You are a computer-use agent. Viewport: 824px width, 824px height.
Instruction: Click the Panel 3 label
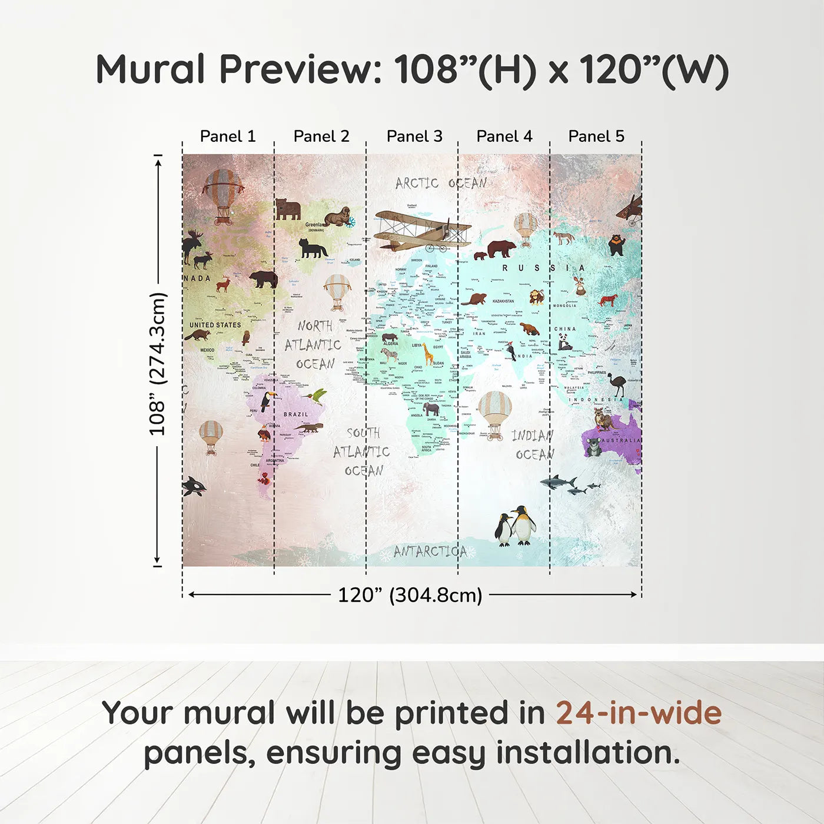click(x=414, y=137)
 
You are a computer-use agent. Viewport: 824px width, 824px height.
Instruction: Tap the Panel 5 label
click(x=596, y=137)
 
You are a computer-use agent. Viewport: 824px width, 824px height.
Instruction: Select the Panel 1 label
click(x=228, y=137)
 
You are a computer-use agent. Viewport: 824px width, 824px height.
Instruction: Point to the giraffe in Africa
click(x=428, y=353)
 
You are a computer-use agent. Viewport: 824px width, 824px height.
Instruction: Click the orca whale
click(x=194, y=486)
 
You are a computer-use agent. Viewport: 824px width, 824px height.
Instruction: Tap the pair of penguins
click(x=516, y=526)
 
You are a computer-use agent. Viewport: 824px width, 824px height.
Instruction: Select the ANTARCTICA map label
click(x=430, y=551)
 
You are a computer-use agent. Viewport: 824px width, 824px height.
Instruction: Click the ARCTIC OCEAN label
click(x=441, y=184)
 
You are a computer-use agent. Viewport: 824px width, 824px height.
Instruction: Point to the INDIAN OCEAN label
click(x=533, y=445)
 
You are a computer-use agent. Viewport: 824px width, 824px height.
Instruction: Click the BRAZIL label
click(x=296, y=414)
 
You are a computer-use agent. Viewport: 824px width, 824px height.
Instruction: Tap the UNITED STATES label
click(x=215, y=325)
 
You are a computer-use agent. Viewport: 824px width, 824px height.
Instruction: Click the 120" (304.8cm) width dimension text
click(x=410, y=595)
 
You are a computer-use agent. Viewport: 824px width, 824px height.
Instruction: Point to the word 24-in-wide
click(x=639, y=713)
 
